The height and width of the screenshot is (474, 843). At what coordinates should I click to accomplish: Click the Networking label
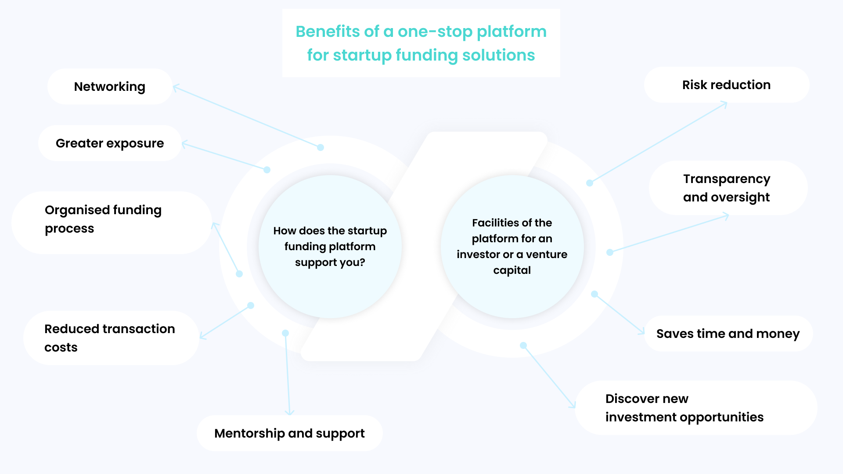(110, 86)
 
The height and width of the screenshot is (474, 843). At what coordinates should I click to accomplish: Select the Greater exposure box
(110, 143)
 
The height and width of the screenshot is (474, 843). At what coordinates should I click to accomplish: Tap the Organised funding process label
(103, 219)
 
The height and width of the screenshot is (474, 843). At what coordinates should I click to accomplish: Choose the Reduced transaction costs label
(110, 338)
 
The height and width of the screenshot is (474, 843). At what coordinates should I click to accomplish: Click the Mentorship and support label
(289, 433)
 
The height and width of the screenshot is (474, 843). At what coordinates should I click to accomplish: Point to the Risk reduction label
(726, 85)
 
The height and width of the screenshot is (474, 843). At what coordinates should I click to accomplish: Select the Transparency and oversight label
(727, 188)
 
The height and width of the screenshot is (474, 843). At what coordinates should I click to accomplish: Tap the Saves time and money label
(728, 334)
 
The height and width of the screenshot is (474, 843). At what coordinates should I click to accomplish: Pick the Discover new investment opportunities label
(684, 408)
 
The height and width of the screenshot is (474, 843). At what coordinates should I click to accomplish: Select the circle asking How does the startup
(330, 246)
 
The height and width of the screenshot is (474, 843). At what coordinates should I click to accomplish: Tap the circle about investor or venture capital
(512, 246)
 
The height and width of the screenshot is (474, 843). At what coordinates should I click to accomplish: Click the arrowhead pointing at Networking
(176, 87)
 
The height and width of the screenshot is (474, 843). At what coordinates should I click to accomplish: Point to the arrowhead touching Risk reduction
(725, 104)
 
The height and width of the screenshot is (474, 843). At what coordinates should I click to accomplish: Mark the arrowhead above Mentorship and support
(289, 413)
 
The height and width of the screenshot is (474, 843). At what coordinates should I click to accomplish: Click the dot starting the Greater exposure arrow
(267, 170)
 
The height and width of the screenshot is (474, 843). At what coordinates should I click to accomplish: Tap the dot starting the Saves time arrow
(594, 294)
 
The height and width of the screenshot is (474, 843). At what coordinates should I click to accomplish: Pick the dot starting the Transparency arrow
(610, 252)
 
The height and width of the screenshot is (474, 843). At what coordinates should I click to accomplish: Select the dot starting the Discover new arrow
(523, 346)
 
